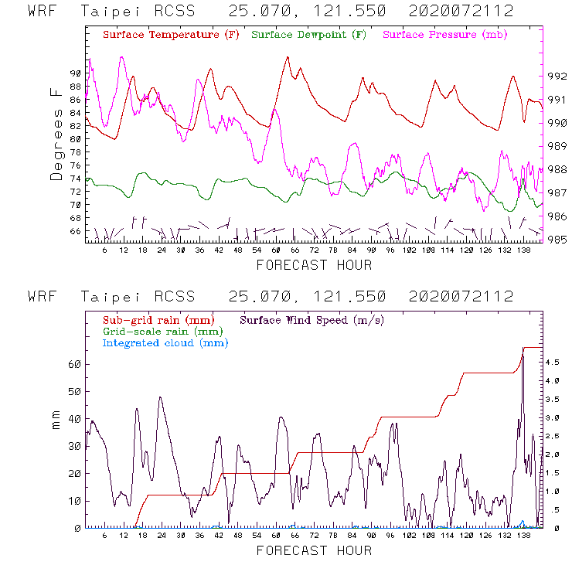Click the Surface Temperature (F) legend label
click(170, 35)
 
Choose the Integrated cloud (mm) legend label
click(165, 342)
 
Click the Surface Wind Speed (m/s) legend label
click(312, 319)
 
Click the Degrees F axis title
click(56, 134)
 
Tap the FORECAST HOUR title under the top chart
click(314, 265)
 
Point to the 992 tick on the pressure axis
click(557, 76)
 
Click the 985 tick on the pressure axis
click(557, 239)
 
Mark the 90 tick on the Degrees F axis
click(75, 73)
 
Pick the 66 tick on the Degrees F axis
click(75, 231)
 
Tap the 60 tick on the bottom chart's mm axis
click(75, 363)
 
